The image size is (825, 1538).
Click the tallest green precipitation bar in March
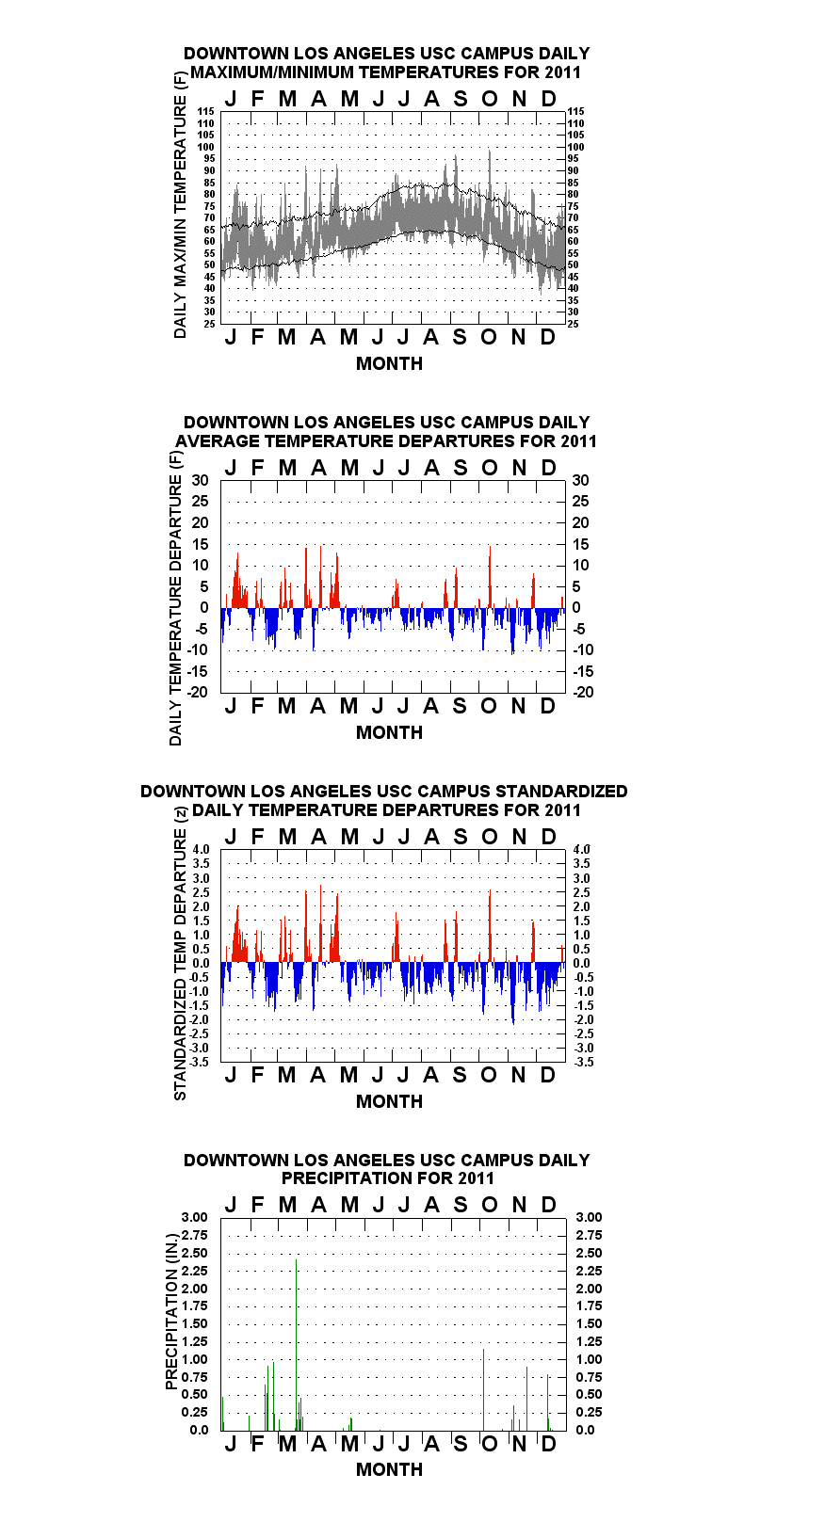296,1345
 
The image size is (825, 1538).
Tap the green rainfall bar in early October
483,1389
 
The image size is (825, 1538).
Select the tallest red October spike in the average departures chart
490,577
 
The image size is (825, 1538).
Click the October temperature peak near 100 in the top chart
490,171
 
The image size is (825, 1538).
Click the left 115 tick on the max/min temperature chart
206,111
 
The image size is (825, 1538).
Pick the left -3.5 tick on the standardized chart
200,1062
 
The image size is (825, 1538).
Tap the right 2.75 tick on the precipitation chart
589,1235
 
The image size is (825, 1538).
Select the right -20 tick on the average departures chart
583,692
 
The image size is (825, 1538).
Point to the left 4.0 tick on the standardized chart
201,849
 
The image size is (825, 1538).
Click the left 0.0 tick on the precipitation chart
200,1430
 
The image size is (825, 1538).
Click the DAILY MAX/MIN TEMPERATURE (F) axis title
180,205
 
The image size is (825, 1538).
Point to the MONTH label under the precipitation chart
390,1469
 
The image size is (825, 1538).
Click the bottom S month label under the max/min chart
460,337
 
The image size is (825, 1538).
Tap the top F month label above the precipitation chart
258,1204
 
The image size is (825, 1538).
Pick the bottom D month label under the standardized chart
547,1075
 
